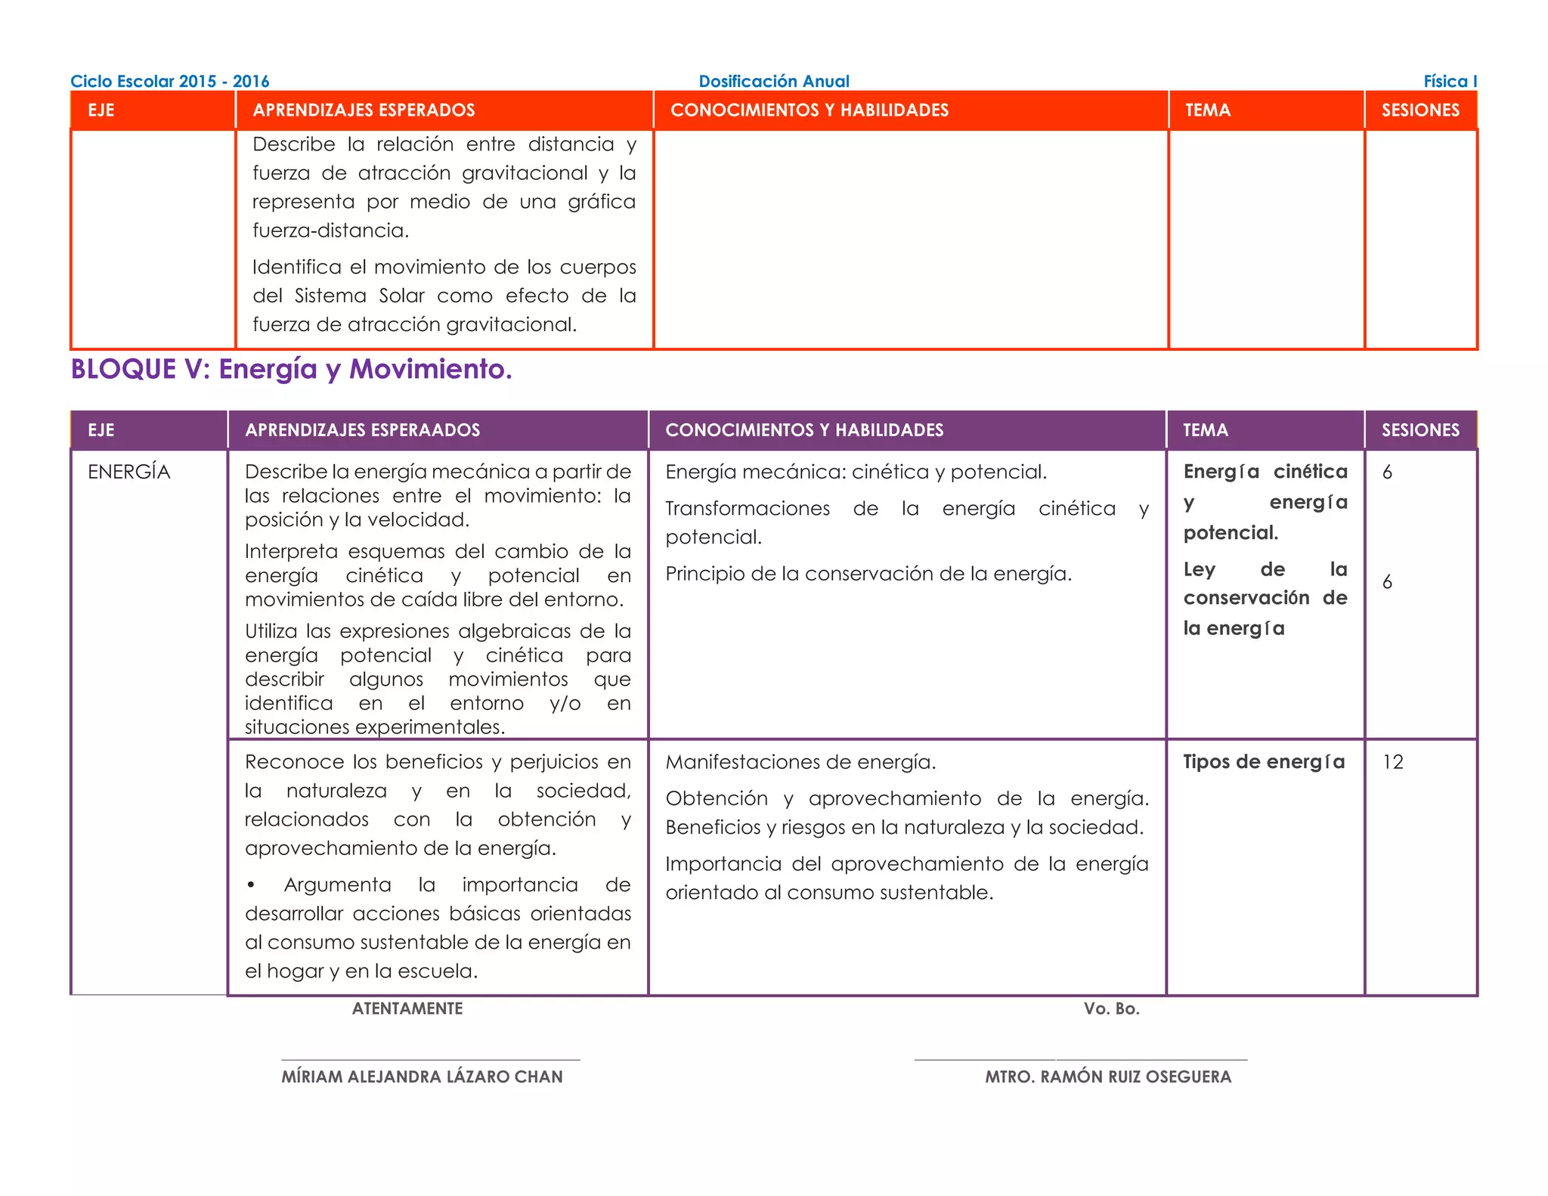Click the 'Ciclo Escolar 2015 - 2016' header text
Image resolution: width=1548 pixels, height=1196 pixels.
(169, 81)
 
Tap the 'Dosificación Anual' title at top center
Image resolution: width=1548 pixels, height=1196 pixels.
(773, 81)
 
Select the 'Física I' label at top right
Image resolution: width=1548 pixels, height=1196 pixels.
(1449, 81)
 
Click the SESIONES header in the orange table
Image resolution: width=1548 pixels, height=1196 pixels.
(1420, 110)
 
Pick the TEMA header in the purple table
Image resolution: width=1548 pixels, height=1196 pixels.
(1205, 430)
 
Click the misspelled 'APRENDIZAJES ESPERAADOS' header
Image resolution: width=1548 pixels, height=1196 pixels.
(362, 430)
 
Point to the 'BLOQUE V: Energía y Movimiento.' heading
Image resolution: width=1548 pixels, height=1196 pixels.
(291, 369)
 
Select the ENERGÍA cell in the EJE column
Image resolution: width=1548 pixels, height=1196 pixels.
(129, 472)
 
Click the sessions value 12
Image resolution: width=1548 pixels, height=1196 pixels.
(1392, 762)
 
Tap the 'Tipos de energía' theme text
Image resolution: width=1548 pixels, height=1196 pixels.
(1264, 762)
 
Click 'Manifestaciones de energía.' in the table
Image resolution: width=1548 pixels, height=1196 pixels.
(800, 762)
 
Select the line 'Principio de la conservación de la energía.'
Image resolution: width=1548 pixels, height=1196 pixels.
(868, 574)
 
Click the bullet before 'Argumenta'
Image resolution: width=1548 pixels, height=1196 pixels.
(251, 885)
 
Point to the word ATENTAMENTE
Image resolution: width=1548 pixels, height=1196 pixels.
(407, 1009)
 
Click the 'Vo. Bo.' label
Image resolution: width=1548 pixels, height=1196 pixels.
(1111, 1009)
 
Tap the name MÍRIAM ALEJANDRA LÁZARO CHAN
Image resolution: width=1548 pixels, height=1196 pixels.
(422, 1077)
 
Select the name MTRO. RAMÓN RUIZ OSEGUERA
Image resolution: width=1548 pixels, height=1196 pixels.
(1107, 1077)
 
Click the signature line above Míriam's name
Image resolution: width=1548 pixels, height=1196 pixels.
(430, 1060)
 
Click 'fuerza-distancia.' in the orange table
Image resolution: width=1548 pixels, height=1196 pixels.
(330, 231)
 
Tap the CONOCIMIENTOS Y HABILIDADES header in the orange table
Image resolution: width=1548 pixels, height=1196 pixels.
(809, 110)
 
